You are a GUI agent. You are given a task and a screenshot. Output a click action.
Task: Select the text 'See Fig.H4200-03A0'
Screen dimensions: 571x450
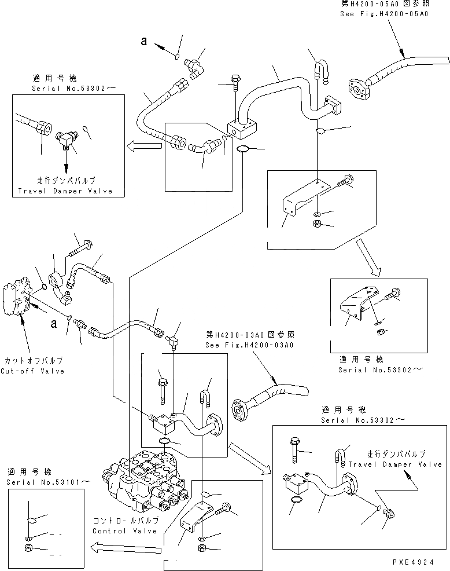(x=250, y=345)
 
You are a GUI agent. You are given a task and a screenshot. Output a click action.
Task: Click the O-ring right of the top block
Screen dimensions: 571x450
(x=245, y=151)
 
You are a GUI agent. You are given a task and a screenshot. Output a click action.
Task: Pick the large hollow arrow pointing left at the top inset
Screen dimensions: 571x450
(x=145, y=147)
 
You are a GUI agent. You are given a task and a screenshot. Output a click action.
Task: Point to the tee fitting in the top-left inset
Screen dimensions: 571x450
(x=65, y=138)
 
